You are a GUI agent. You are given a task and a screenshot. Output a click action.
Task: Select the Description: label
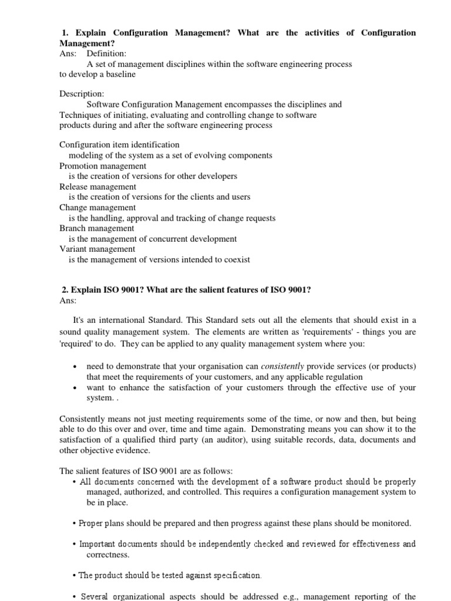82,94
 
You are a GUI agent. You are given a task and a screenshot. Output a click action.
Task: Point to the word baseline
120,75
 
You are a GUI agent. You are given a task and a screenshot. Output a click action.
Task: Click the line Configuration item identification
119,144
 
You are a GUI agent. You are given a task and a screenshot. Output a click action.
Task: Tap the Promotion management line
103,166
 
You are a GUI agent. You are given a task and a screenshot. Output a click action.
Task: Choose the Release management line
97,187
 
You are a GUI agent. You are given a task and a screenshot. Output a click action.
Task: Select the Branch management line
96,228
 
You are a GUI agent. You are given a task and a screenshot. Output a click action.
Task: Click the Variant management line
97,249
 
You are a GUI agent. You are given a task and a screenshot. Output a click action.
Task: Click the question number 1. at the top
66,33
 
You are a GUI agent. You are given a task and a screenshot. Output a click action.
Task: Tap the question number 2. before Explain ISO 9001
66,290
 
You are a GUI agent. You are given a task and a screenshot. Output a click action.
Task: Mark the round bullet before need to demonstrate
75,367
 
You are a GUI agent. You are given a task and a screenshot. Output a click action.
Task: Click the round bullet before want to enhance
75,388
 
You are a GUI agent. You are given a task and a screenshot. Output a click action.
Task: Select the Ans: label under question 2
68,300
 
